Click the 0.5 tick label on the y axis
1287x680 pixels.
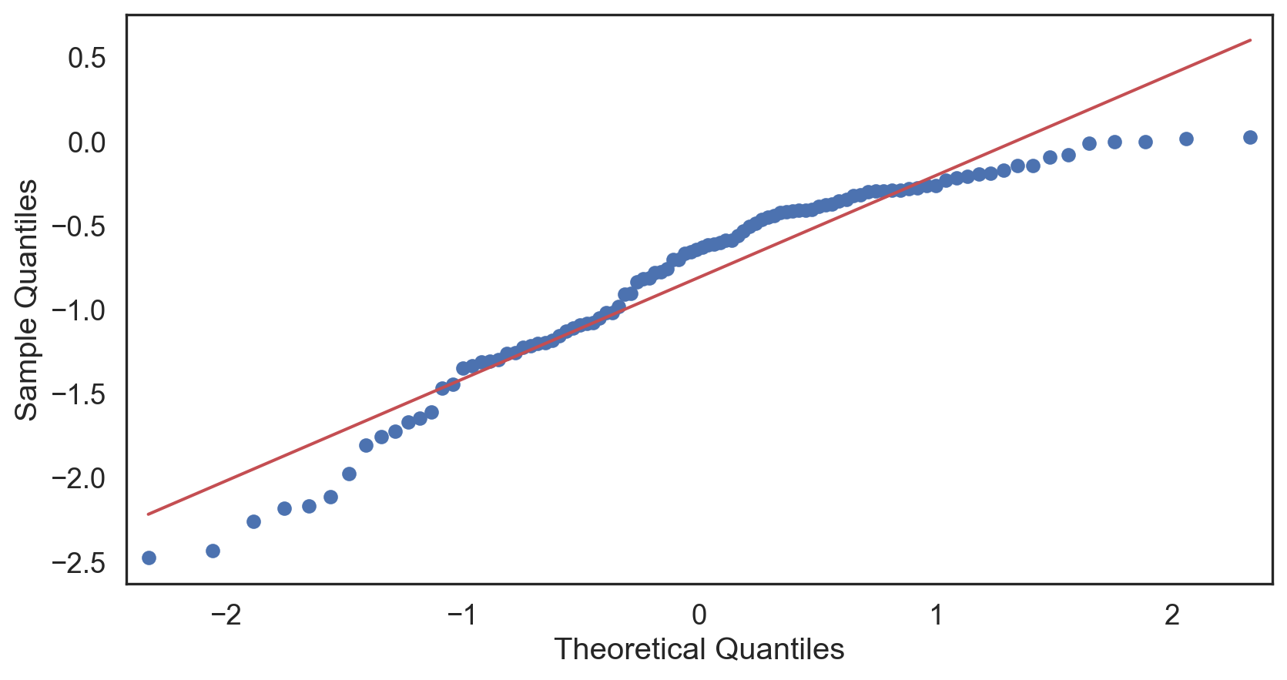coord(88,58)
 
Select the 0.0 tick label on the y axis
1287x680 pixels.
coord(88,142)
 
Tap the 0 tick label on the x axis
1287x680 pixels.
coord(699,615)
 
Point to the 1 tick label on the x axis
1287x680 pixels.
coord(936,615)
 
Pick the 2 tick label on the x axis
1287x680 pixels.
coord(1172,615)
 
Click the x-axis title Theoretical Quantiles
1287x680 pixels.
coord(699,649)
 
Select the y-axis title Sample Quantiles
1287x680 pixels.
coord(27,300)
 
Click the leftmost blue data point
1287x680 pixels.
coord(149,558)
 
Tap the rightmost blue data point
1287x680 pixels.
coord(1250,137)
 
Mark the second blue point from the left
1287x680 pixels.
coord(213,551)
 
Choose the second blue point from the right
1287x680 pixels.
coord(1186,139)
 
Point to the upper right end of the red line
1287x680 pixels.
coord(1250,39)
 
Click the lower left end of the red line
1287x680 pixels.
coord(149,514)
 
